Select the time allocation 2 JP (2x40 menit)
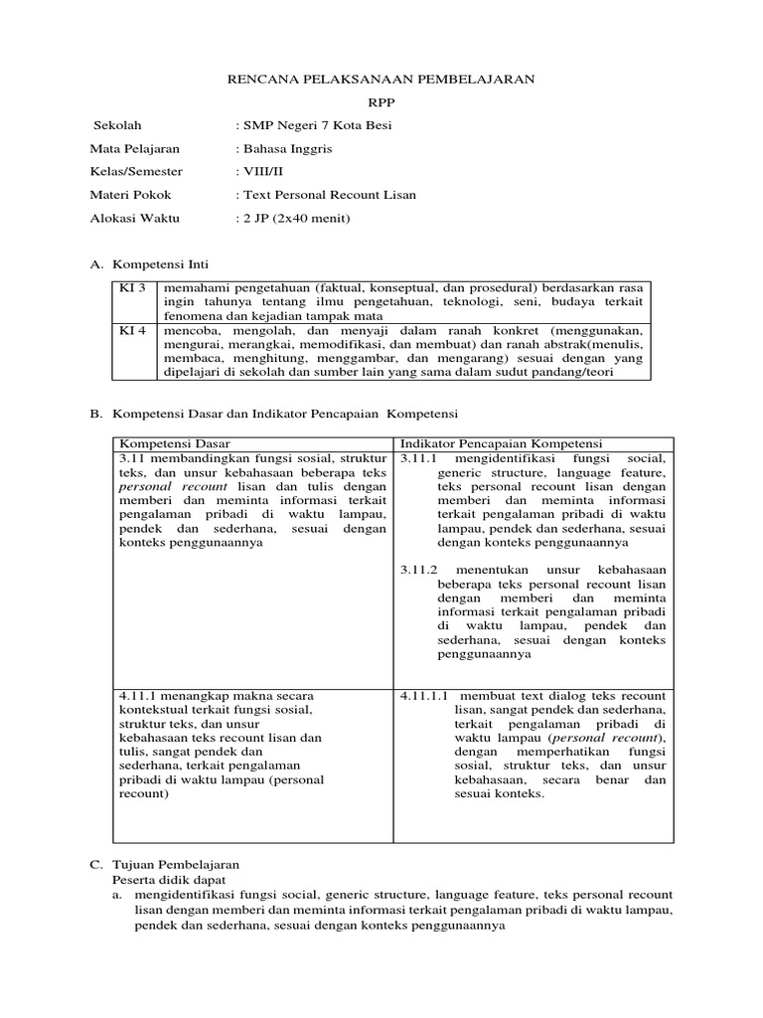coord(295,218)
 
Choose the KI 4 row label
coord(132,330)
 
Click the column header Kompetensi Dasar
coord(175,442)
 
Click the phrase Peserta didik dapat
coord(168,880)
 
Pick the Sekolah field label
coord(116,125)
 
